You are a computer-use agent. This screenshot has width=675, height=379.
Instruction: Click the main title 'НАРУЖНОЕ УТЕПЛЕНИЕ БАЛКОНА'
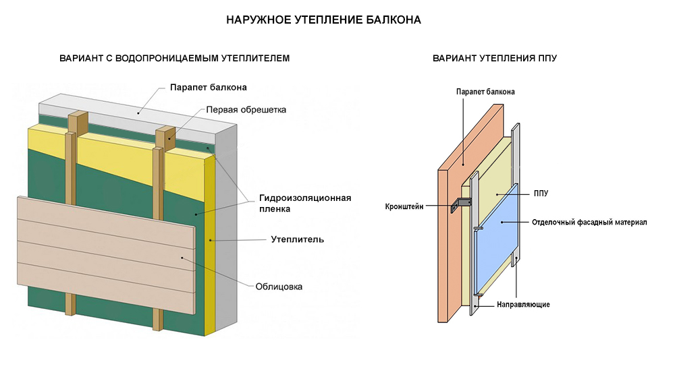point(324,20)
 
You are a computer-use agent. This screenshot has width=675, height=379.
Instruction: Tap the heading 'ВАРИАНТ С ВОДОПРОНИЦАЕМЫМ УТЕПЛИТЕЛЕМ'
point(174,59)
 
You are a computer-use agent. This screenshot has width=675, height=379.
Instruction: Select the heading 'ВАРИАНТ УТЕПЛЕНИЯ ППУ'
point(495,59)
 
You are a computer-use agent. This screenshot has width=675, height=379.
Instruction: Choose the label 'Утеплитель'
point(297,239)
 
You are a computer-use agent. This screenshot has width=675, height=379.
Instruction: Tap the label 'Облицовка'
point(279,286)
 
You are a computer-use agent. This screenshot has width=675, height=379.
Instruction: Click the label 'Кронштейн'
point(404,206)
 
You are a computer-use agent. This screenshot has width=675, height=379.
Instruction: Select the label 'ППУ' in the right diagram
point(540,194)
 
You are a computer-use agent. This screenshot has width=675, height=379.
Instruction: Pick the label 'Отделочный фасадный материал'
point(589,222)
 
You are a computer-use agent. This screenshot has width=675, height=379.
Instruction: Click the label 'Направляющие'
point(523,304)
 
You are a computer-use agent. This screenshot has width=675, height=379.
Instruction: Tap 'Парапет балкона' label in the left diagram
point(208,87)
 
